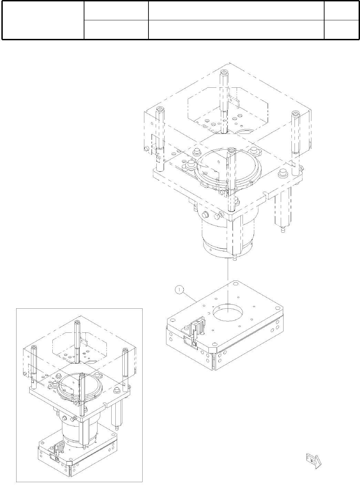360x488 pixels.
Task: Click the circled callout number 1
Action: click(x=179, y=289)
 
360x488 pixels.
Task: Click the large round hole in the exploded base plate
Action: click(x=228, y=312)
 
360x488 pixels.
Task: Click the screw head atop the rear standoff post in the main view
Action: click(x=224, y=73)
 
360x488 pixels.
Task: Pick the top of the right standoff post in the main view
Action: click(x=296, y=114)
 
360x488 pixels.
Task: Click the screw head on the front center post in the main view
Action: click(x=231, y=150)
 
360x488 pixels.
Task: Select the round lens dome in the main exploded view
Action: click(x=228, y=166)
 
